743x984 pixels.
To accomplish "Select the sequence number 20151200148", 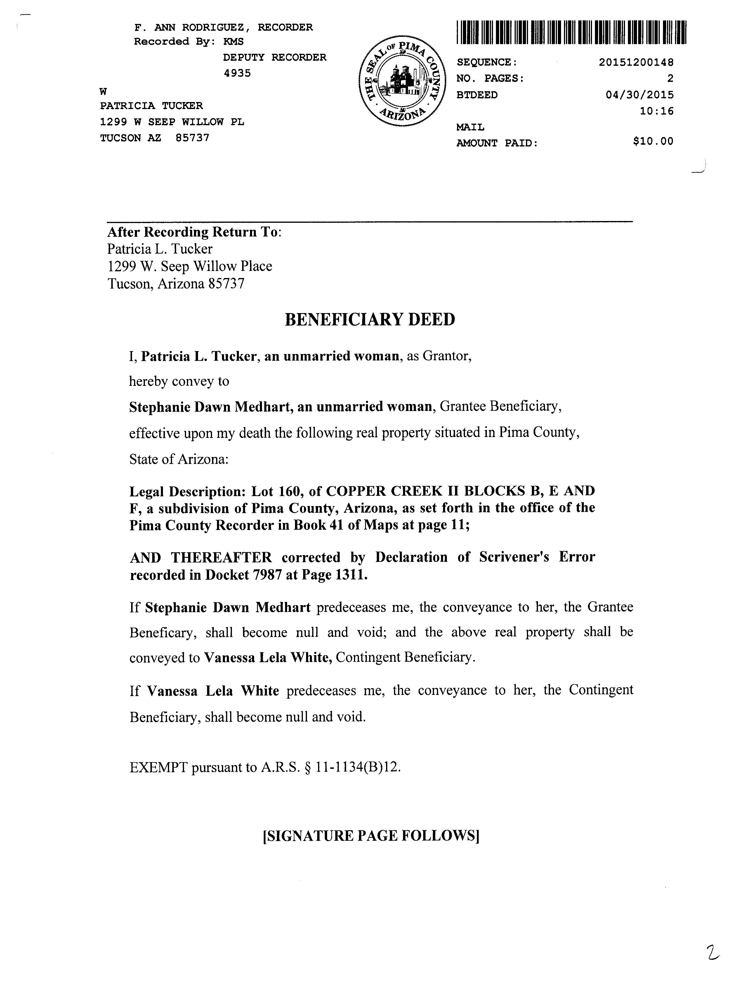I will pyautogui.click(x=636, y=62).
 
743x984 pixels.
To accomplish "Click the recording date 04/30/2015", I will pyautogui.click(x=639, y=95).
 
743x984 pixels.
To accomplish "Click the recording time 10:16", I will pyautogui.click(x=656, y=111).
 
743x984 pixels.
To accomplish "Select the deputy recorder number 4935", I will pyautogui.click(x=237, y=73).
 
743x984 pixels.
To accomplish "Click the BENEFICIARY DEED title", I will pyautogui.click(x=370, y=320).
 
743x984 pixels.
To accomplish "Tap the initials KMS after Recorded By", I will pyautogui.click(x=233, y=42).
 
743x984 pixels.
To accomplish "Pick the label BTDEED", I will pyautogui.click(x=477, y=95).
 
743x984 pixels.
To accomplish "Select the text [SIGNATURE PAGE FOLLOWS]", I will pyautogui.click(x=371, y=836).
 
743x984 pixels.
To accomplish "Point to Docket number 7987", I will pyautogui.click(x=267, y=575).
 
